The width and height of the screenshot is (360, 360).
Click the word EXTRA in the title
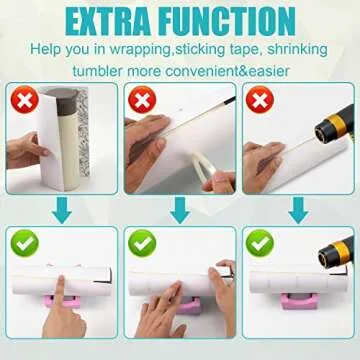point(94,20)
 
